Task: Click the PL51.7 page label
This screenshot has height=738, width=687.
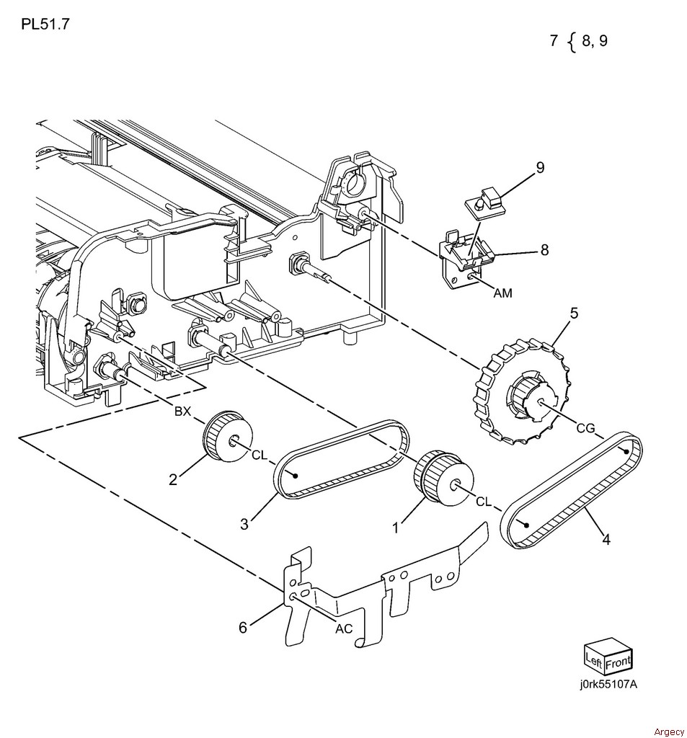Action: (x=45, y=24)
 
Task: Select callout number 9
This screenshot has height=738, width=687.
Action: (x=540, y=167)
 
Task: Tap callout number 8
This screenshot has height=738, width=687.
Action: (x=545, y=249)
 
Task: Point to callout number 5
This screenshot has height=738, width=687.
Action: (x=574, y=313)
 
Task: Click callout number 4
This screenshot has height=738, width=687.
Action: (x=606, y=539)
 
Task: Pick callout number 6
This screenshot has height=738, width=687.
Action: (x=243, y=628)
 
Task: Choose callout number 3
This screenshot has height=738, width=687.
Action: (x=244, y=524)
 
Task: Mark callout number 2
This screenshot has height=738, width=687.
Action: (x=173, y=479)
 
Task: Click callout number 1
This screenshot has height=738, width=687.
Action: (x=396, y=528)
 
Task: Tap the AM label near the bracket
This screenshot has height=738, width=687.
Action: (x=502, y=293)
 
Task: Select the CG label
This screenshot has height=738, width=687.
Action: (x=586, y=428)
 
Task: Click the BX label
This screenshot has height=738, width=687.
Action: (x=182, y=411)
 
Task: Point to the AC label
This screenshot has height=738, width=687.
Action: (x=344, y=628)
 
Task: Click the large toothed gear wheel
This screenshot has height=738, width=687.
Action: (x=523, y=391)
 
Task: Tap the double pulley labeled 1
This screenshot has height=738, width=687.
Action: (x=443, y=479)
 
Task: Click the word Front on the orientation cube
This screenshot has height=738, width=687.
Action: (x=619, y=662)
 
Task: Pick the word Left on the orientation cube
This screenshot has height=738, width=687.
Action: (x=593, y=660)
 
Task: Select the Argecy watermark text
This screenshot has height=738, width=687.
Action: (x=669, y=732)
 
